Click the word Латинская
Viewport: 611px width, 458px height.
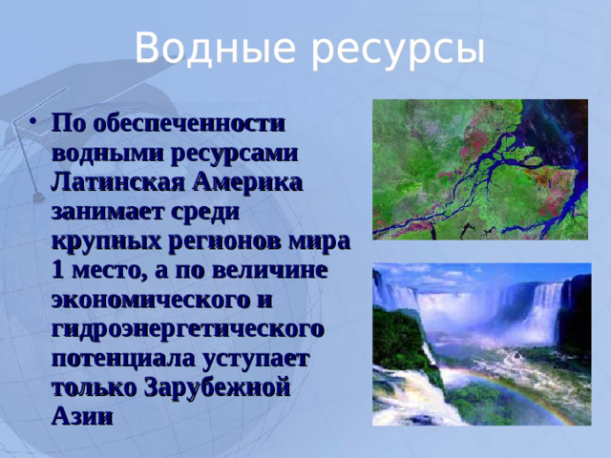click(x=113, y=181)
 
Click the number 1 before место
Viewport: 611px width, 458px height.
click(x=57, y=270)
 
